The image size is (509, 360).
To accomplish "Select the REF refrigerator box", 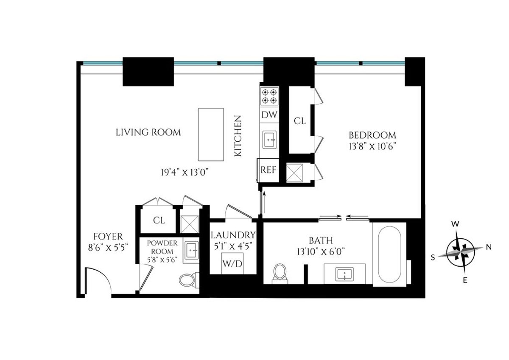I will click(x=268, y=170).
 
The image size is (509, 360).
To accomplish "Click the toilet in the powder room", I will click(x=187, y=279).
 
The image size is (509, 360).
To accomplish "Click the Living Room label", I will click(x=148, y=132).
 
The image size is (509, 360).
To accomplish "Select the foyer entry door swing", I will click(x=96, y=280).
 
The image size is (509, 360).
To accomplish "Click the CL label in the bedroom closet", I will click(x=299, y=121).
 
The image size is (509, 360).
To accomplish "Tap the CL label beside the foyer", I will click(x=159, y=220).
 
